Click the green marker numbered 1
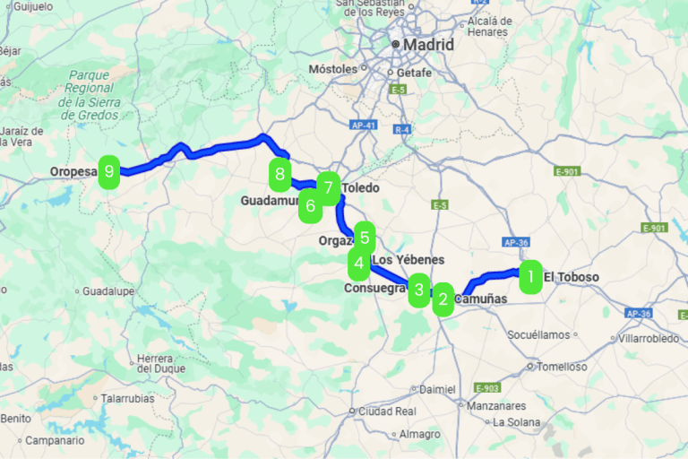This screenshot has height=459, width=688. pyautogui.click(x=530, y=277)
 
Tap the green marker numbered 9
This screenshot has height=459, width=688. pyautogui.click(x=109, y=170)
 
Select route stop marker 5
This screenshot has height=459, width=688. pyautogui.click(x=364, y=238)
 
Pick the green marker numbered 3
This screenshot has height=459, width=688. pyautogui.click(x=418, y=290)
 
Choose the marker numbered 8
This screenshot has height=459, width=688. pyautogui.click(x=280, y=173)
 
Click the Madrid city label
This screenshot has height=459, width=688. pyautogui.click(x=428, y=44)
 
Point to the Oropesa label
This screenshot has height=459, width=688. pyautogui.click(x=73, y=170)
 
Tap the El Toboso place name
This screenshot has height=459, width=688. pyautogui.click(x=571, y=277)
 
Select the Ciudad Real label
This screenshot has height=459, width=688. pyautogui.click(x=386, y=411)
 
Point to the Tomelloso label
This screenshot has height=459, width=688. pyautogui.click(x=562, y=366)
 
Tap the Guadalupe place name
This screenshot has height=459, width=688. pyautogui.click(x=107, y=291)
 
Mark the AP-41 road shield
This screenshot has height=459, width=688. pyautogui.click(x=362, y=126)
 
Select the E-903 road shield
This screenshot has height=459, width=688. pyautogui.click(x=487, y=388)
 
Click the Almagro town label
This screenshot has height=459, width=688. pyautogui.click(x=419, y=434)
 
